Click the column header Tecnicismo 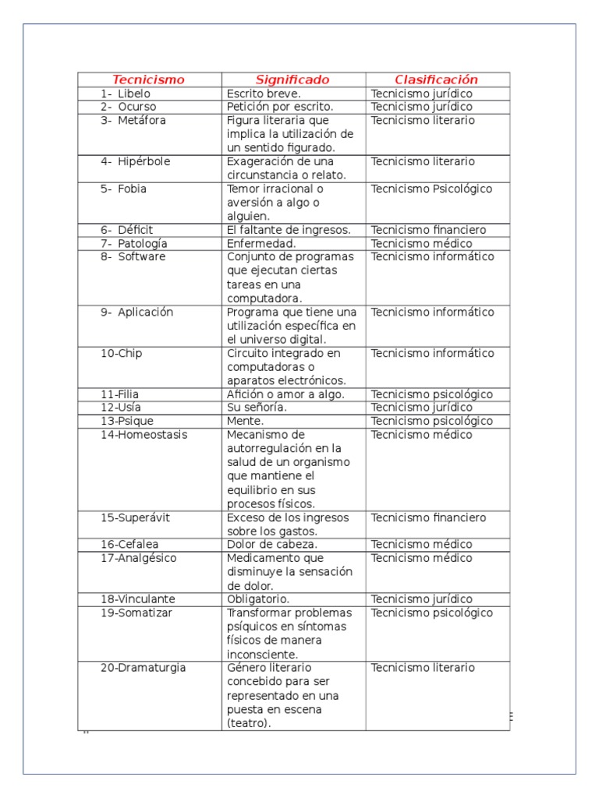(148, 79)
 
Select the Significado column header (292, 79)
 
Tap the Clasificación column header (436, 79)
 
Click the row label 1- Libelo (125, 94)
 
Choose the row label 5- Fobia (123, 189)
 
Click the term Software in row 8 (142, 257)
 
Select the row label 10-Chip (121, 354)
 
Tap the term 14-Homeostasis (144, 435)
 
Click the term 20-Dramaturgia (143, 668)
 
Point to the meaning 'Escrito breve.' (264, 94)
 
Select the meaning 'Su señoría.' (257, 408)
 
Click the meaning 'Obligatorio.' (258, 599)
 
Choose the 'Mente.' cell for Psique (245, 422)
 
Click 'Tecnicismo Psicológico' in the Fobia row (431, 189)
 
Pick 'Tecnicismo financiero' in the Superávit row (428, 518)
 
